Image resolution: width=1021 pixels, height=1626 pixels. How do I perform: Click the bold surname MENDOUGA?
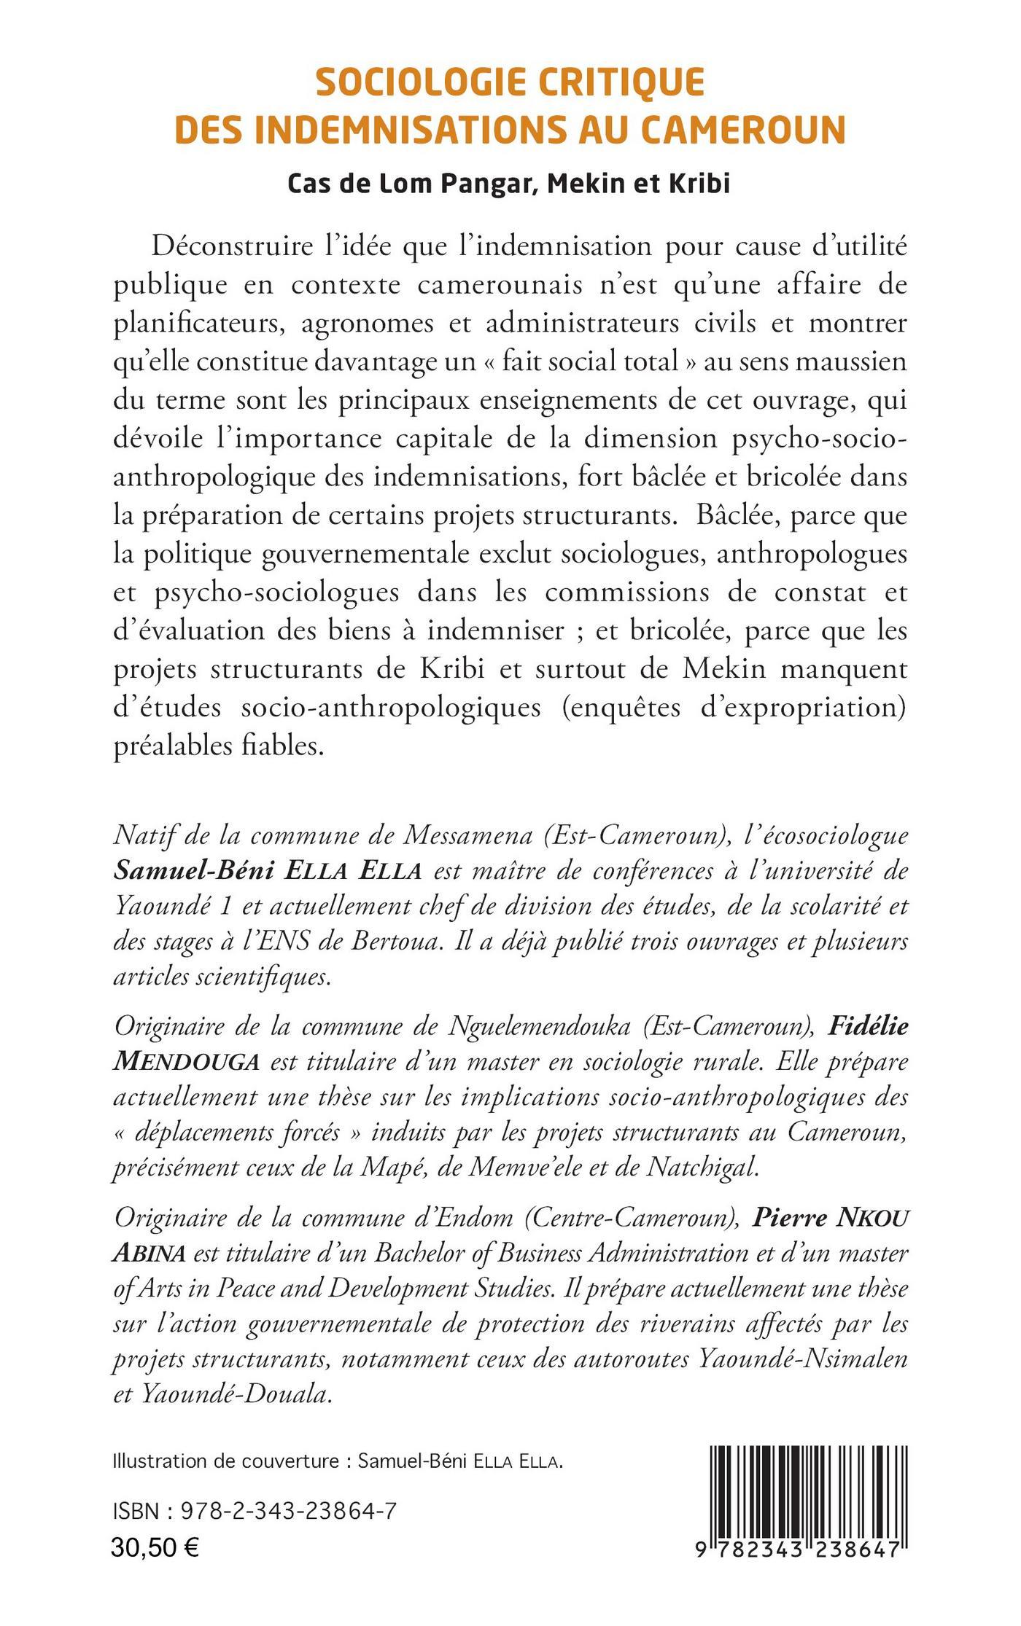187,1062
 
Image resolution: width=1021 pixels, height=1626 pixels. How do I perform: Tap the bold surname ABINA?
150,1254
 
